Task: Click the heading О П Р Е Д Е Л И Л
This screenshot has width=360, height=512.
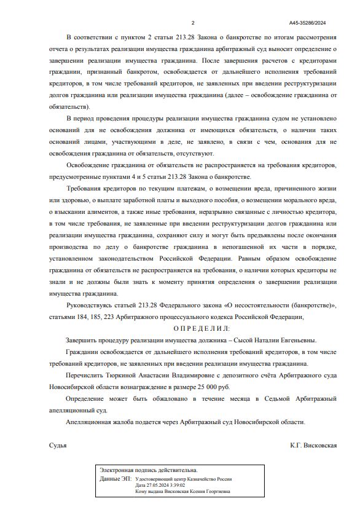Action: point(192,329)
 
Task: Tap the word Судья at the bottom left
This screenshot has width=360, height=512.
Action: point(58,445)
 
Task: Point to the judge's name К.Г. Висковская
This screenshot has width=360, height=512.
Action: point(313,445)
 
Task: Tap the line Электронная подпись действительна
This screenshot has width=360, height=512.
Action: point(149,470)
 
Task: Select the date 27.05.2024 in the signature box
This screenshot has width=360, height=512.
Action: point(148,485)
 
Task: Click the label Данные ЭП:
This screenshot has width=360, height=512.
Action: point(115,478)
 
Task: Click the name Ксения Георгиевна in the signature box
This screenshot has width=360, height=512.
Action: point(211,491)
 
